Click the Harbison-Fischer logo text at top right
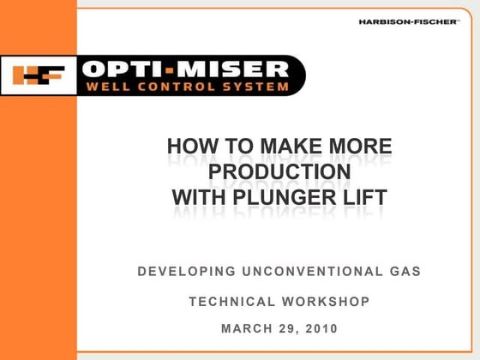411,22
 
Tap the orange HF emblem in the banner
39,75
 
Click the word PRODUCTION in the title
279,172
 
